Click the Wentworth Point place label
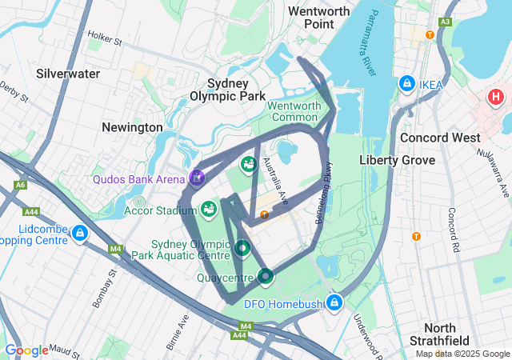pyautogui.click(x=319, y=18)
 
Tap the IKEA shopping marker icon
pyautogui.click(x=407, y=84)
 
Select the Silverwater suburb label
pyautogui.click(x=68, y=74)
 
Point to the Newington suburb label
pyautogui.click(x=132, y=127)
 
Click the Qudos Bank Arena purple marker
pyautogui.click(x=196, y=178)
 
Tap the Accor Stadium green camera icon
pyautogui.click(x=209, y=210)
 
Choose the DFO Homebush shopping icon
pyautogui.click(x=335, y=302)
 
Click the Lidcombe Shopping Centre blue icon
pyautogui.click(x=79, y=234)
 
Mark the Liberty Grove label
pyautogui.click(x=397, y=160)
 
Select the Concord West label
pyautogui.click(x=440, y=138)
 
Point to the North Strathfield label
pyautogui.click(x=439, y=335)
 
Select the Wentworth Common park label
pyautogui.click(x=294, y=111)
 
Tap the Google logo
pyautogui.click(x=26, y=350)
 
